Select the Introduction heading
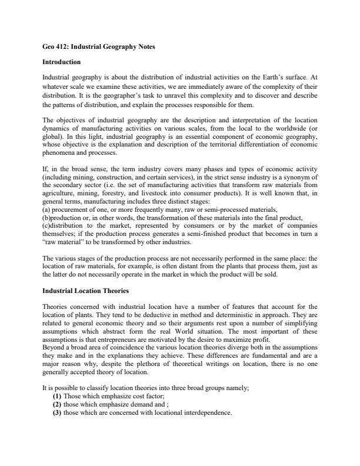point(62,61)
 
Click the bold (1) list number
point(58,397)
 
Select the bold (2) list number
point(58,404)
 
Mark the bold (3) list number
point(58,412)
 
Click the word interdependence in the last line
point(207,412)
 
